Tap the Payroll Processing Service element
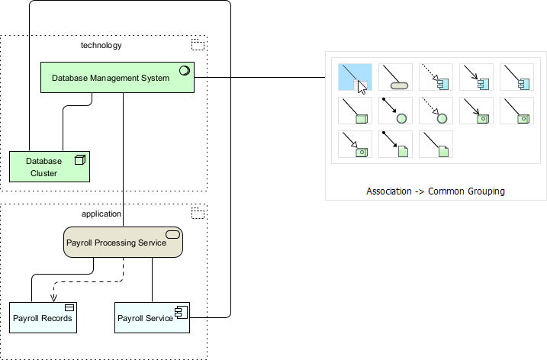tap(122, 242)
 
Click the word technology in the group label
tap(101, 46)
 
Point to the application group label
tap(101, 214)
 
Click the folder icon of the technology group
tap(198, 44)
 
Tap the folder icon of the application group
tap(198, 213)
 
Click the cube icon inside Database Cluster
tap(79, 160)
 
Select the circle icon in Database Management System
tap(184, 71)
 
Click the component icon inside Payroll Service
tap(180, 310)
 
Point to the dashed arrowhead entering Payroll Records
tap(53, 299)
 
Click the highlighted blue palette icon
tap(355, 78)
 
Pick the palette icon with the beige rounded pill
tap(395, 78)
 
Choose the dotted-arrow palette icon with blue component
tap(436, 78)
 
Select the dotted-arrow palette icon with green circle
tap(436, 111)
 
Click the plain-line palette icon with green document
tap(436, 144)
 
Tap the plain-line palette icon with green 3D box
tap(355, 111)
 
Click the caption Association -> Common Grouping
tap(435, 191)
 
